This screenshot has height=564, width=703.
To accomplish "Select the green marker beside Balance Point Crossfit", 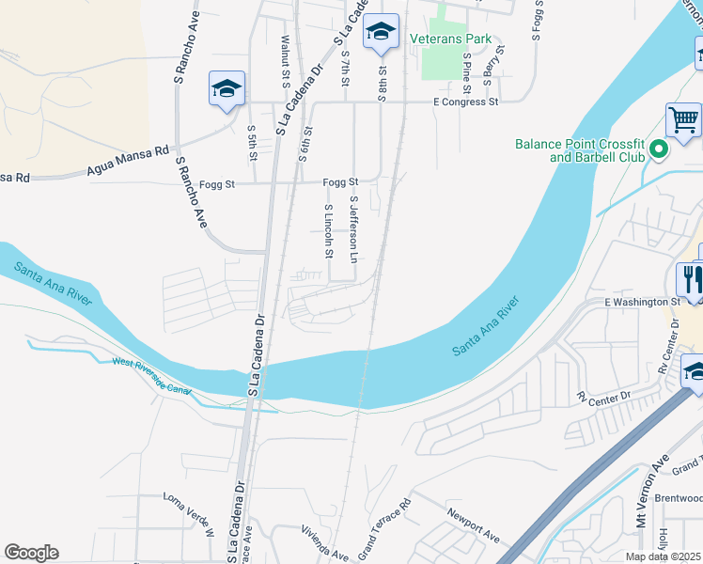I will pyautogui.click(x=659, y=149).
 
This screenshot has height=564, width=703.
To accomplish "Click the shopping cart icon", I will pyautogui.click(x=683, y=120).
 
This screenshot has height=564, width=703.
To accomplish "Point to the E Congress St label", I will pyautogui.click(x=465, y=102).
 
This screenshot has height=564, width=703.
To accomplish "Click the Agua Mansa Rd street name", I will pyautogui.click(x=127, y=160).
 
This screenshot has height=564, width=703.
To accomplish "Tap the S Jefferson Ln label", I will pyautogui.click(x=354, y=229).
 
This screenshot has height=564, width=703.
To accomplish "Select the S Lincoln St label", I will pyautogui.click(x=328, y=230).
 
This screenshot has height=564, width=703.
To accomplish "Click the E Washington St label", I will pyautogui.click(x=641, y=302).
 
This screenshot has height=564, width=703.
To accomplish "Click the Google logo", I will pyautogui.click(x=31, y=553).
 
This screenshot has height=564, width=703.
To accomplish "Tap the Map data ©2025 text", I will pyautogui.click(x=664, y=556).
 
